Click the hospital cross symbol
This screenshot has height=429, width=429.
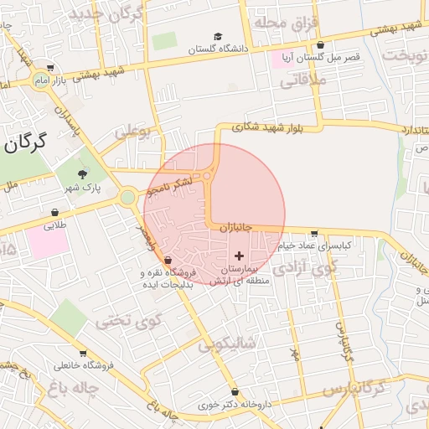(239, 255)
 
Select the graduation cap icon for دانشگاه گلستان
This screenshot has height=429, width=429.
(218, 37)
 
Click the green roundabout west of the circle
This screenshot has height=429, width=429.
(127, 197)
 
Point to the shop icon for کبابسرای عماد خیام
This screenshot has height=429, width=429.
(314, 234)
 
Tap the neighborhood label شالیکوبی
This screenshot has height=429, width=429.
(225, 344)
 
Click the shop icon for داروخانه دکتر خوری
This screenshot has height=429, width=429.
(235, 392)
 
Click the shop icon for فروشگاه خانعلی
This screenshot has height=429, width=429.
(83, 353)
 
